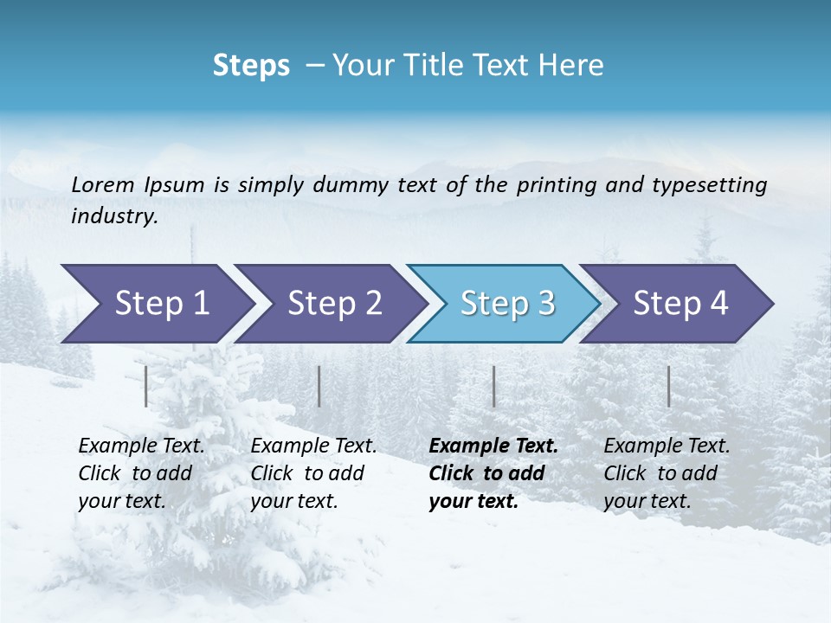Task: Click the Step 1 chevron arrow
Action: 156,304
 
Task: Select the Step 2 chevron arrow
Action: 332,304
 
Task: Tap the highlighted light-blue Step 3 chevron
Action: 506,304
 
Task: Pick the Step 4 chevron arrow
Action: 679,304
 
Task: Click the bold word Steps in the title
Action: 251,65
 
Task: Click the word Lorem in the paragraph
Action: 103,184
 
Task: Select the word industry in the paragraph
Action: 113,215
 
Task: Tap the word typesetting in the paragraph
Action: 709,184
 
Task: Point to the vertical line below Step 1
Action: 146,386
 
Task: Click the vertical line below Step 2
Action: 319,386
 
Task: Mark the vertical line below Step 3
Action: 494,386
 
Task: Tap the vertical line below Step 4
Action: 669,386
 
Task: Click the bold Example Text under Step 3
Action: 493,446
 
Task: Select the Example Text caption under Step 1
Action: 142,446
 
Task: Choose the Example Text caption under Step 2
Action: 313,446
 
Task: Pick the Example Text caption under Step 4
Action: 667,446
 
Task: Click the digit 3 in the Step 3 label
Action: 544,304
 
